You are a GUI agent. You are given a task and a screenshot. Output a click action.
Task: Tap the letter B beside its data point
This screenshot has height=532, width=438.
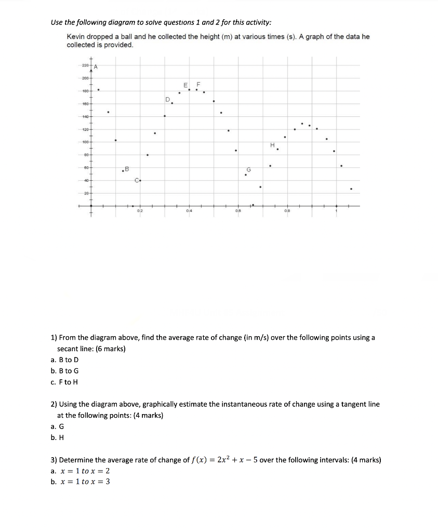point(127,168)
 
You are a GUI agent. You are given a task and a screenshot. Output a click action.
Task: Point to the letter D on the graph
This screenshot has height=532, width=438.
point(167,99)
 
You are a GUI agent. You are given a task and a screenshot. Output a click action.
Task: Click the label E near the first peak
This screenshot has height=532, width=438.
point(185,85)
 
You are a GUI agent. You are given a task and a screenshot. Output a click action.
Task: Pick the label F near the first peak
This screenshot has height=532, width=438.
point(197,85)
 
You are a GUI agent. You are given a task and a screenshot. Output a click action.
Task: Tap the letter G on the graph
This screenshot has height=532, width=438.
point(248,169)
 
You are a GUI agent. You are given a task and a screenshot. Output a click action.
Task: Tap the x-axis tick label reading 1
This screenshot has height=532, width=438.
point(336,211)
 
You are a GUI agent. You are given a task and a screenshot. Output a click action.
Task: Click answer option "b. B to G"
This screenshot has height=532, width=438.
point(65,371)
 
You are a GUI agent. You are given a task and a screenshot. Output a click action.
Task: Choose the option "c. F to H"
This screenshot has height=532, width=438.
point(65,382)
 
